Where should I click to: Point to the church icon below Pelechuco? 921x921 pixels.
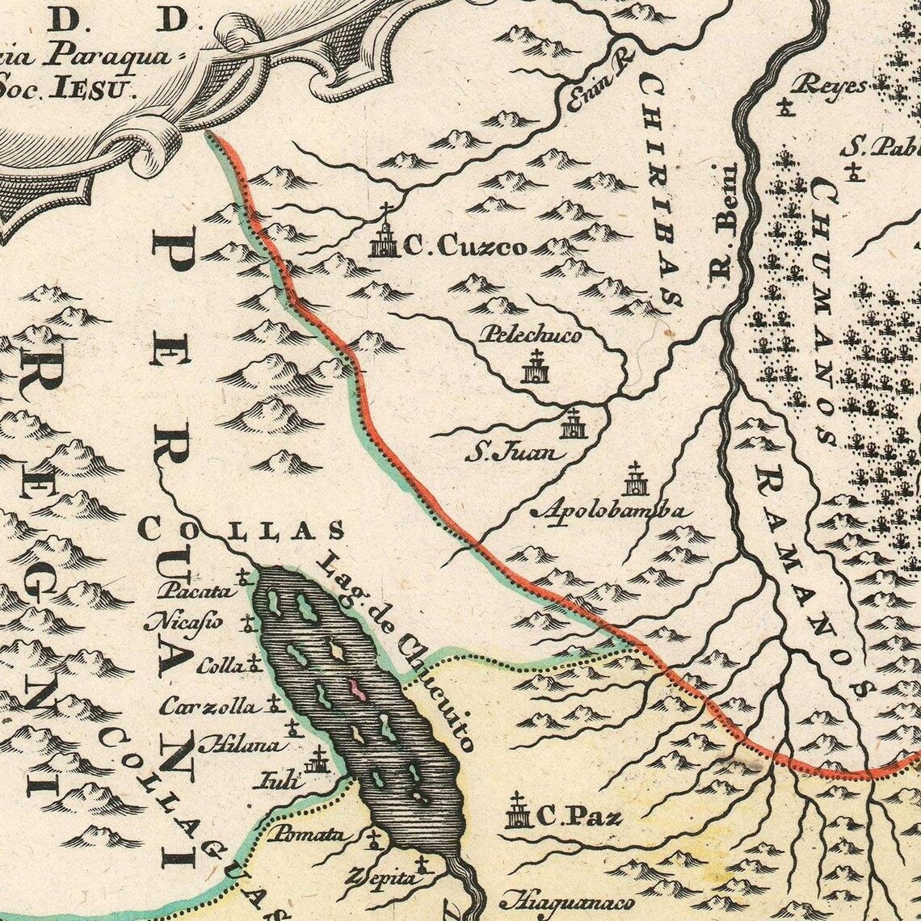[x=535, y=368]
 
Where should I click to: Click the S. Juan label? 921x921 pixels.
[x=514, y=452]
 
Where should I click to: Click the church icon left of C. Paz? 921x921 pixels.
[x=517, y=810]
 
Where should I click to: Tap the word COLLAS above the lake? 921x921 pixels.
[x=242, y=529]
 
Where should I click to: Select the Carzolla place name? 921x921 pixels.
[x=208, y=706]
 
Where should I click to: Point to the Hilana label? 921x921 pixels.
[x=237, y=744]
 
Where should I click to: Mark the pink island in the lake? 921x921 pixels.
[x=355, y=688]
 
